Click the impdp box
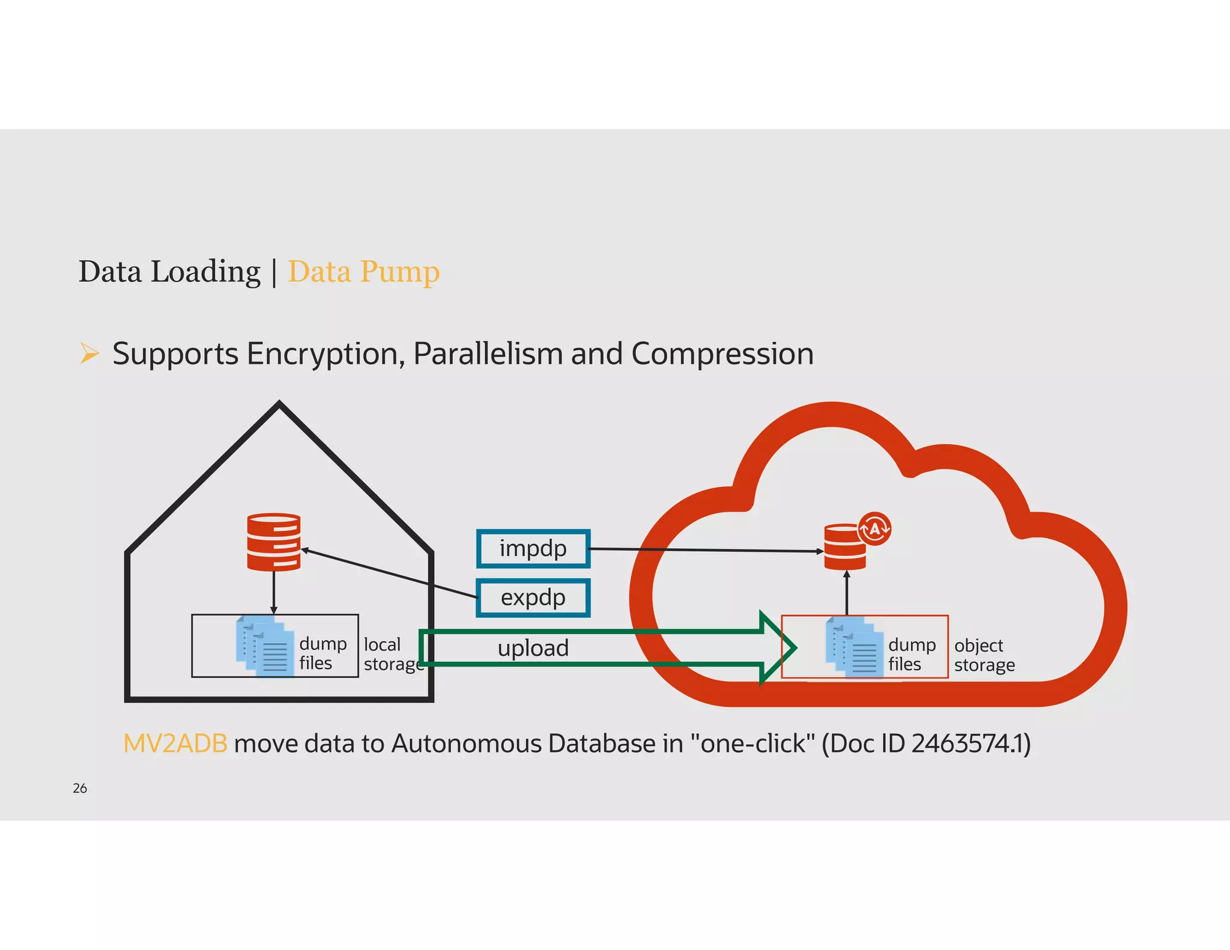(533, 548)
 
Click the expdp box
(533, 598)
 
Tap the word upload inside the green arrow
(533, 648)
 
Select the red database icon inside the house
(274, 542)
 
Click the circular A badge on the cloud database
(874, 528)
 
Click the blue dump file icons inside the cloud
(855, 647)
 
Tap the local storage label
(392, 654)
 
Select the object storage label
(984, 655)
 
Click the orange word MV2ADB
(175, 743)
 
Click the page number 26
(80, 788)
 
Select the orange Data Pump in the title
(364, 271)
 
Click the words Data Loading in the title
(169, 271)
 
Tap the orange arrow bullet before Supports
(89, 353)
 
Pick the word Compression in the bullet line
(722, 354)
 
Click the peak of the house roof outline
(279, 405)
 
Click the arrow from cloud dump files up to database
(847, 593)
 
